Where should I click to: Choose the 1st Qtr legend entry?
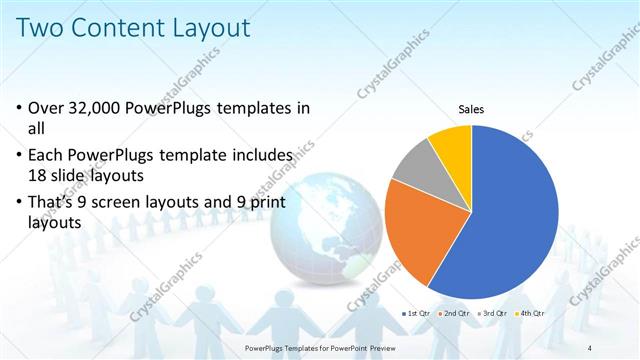[x=417, y=314]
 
